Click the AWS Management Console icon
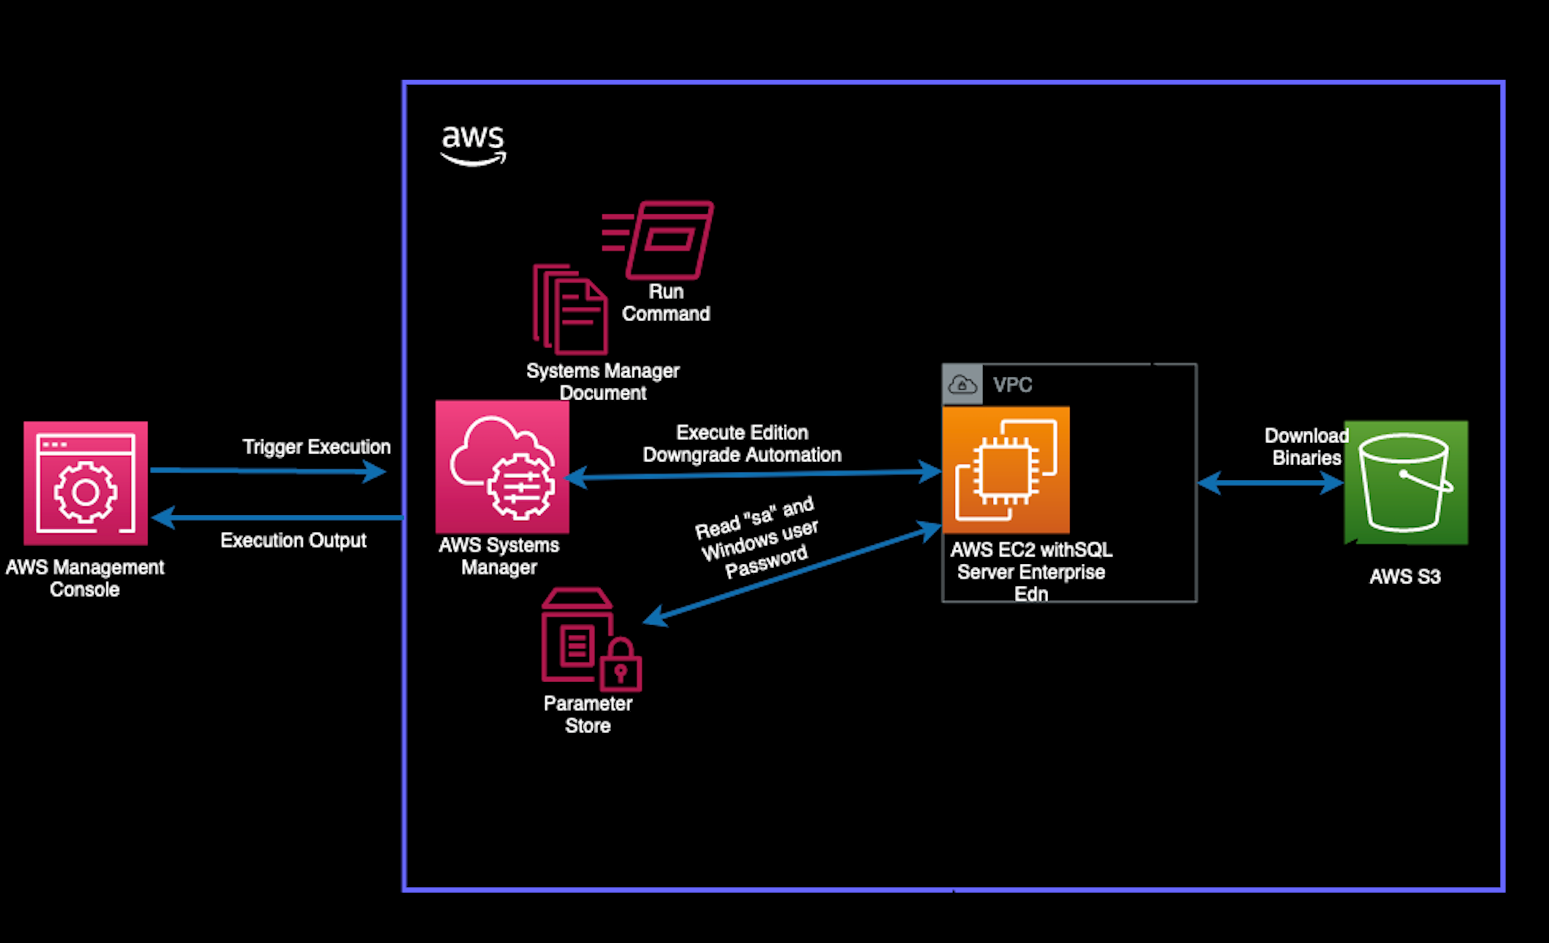point(85,483)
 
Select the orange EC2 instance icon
point(1005,470)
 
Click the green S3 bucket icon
point(1406,482)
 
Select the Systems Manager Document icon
point(570,309)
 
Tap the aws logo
point(473,144)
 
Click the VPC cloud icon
point(962,384)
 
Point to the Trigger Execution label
point(316,447)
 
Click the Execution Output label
point(293,540)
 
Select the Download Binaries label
point(1306,446)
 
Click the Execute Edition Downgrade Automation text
point(742,443)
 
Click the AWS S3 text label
point(1405,577)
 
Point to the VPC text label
point(1012,385)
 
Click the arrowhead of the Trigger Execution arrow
point(376,471)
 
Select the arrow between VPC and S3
point(1270,483)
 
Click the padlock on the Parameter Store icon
point(620,667)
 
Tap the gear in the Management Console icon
point(85,492)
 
